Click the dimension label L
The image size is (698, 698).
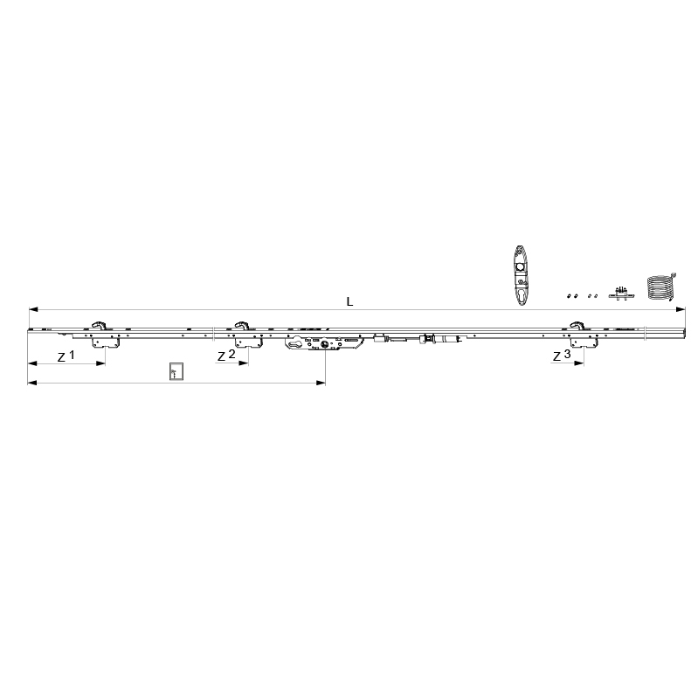(349, 301)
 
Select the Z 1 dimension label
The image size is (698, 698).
(66, 356)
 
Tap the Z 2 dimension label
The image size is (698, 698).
(226, 356)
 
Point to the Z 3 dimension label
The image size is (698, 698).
(562, 356)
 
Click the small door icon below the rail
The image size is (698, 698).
(176, 371)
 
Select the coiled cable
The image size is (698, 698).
(661, 287)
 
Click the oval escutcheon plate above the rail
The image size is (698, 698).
(521, 275)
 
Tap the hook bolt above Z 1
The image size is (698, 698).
(99, 325)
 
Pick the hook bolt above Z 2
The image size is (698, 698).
(242, 325)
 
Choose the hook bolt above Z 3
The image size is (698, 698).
(577, 325)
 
